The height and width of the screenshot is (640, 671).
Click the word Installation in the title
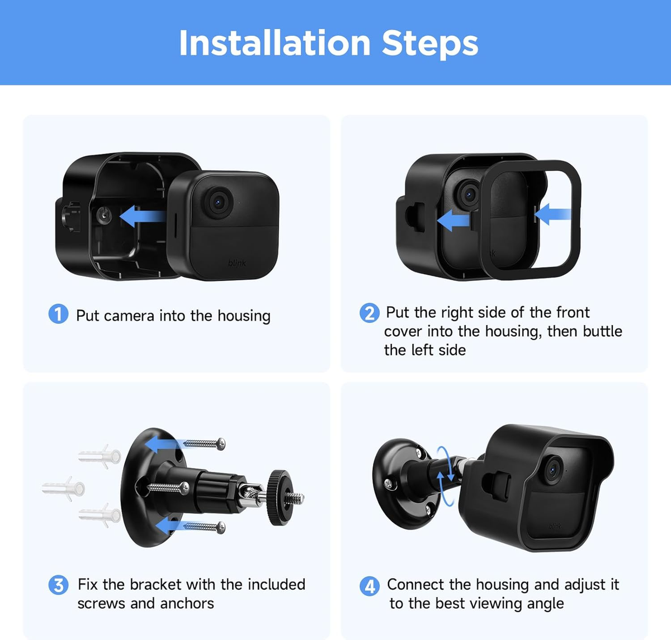tap(275, 43)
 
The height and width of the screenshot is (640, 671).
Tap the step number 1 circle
tap(58, 314)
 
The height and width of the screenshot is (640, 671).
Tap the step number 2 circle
tap(369, 313)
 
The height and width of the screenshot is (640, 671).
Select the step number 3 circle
tap(58, 585)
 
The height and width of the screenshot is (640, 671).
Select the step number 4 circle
tap(369, 586)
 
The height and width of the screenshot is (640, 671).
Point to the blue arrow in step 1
tap(142, 216)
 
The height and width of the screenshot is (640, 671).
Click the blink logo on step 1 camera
tap(237, 263)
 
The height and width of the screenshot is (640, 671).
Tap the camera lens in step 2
tap(469, 194)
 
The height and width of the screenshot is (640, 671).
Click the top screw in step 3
tap(204, 444)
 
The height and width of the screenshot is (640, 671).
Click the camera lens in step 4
tap(553, 470)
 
